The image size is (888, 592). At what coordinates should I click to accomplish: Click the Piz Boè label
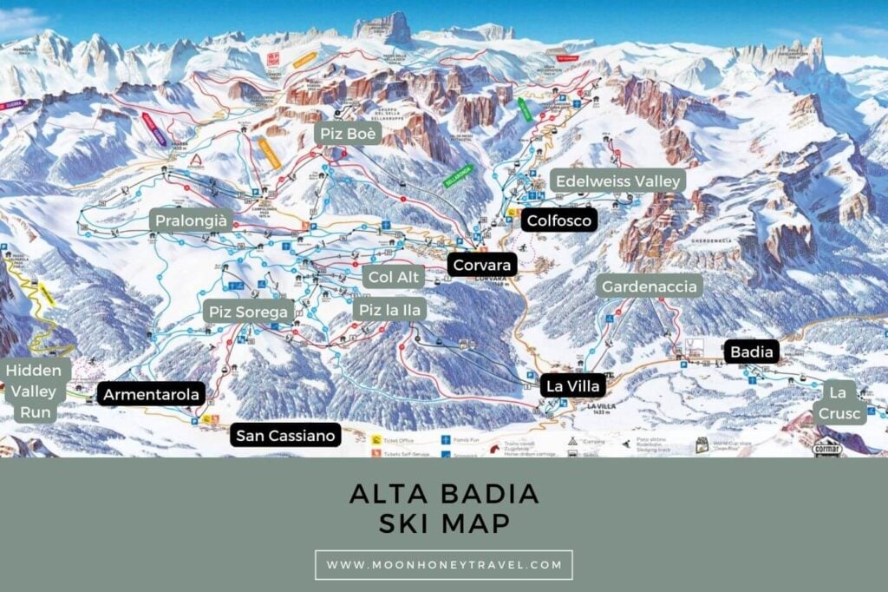[x=347, y=134]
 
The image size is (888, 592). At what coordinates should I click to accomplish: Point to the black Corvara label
[x=482, y=264]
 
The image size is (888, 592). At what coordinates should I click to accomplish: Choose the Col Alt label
[x=395, y=277]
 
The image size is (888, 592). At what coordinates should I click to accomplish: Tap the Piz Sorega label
[x=249, y=312]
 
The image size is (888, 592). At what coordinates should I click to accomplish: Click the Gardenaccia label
[x=649, y=286]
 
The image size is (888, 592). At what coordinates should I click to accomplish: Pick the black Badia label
[x=751, y=352]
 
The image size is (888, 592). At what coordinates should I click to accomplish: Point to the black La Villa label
[x=572, y=385]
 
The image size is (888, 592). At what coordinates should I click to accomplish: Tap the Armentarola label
[x=152, y=394]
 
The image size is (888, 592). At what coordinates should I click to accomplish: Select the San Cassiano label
[x=285, y=435]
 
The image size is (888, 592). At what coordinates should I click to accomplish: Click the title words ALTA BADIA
[x=444, y=494]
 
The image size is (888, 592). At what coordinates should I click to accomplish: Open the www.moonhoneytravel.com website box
[x=444, y=564]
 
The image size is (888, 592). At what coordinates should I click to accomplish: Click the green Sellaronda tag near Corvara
[x=458, y=175]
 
